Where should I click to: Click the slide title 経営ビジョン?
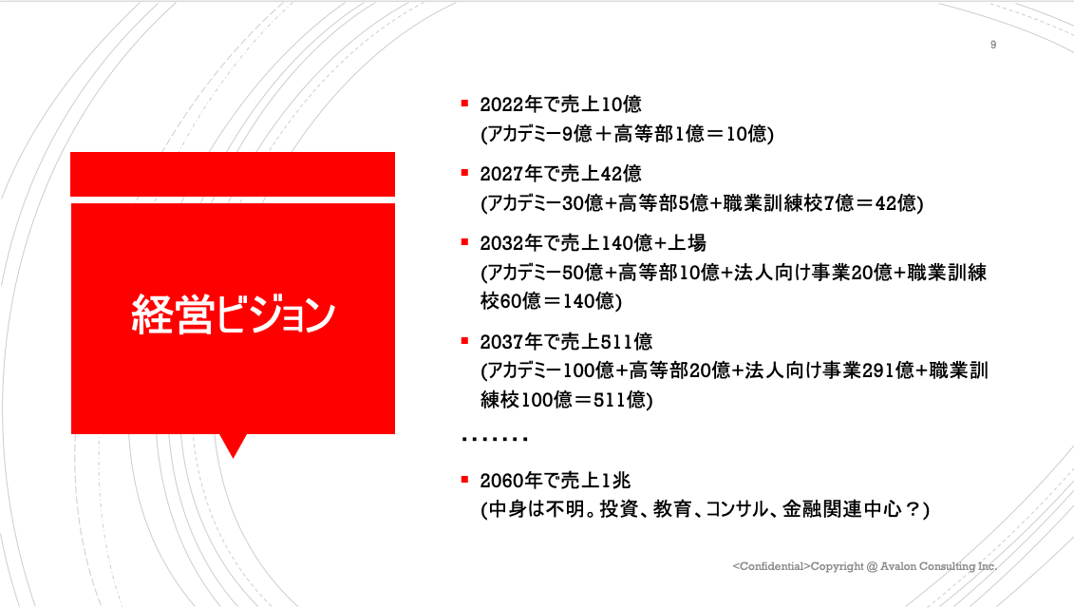[233, 314]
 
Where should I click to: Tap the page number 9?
[993, 45]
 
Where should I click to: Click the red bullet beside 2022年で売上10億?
[465, 104]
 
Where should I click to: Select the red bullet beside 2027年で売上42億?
[465, 173]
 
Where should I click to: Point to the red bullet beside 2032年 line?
[465, 242]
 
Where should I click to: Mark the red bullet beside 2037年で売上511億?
[465, 341]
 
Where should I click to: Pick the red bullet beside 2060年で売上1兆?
[465, 480]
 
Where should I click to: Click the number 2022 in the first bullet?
[501, 104]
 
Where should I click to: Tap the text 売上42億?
[601, 174]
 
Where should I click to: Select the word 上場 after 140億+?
[687, 242]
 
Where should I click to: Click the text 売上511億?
[606, 341]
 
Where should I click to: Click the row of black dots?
[495, 439]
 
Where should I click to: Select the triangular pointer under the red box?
[233, 444]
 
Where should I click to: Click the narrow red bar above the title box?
[233, 174]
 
